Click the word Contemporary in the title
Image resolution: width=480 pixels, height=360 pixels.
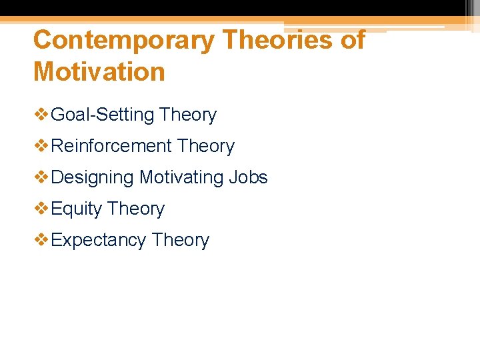pyautogui.click(x=123, y=41)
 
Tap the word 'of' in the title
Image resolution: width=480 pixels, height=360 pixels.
pyautogui.click(x=353, y=41)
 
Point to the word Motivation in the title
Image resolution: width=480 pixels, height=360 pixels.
pyautogui.click(x=99, y=72)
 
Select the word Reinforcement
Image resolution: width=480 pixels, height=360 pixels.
pyautogui.click(x=111, y=147)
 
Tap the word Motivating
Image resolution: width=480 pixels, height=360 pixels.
pyautogui.click(x=181, y=178)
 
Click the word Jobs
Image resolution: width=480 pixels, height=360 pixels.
pyautogui.click(x=248, y=178)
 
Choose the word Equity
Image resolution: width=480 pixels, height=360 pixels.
pyautogui.click(x=76, y=209)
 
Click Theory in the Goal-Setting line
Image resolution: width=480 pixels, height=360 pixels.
pyautogui.click(x=188, y=115)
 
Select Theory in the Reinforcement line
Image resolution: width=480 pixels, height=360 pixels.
pyautogui.click(x=206, y=147)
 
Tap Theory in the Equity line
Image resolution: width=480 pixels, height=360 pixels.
pyautogui.click(x=135, y=209)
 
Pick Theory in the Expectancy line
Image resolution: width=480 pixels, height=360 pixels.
pyautogui.click(x=180, y=241)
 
